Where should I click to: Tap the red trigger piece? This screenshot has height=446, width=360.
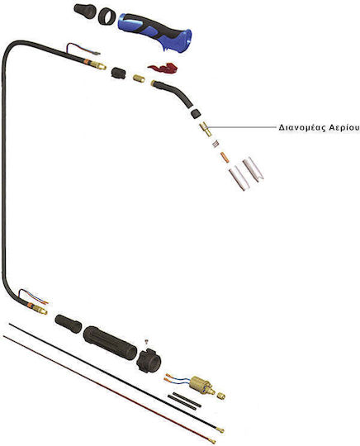[163, 69]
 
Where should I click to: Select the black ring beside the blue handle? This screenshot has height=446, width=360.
[107, 17]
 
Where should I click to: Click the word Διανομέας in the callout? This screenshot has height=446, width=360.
[301, 128]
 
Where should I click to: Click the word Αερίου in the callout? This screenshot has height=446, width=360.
[344, 128]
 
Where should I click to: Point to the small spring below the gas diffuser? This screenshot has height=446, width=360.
[216, 144]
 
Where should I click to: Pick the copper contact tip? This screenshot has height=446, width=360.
[225, 157]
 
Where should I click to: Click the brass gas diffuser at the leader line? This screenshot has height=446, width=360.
[206, 130]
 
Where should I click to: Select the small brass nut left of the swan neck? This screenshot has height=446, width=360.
[139, 78]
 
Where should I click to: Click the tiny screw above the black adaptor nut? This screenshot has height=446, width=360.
[147, 342]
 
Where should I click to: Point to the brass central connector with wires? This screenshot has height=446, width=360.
[202, 386]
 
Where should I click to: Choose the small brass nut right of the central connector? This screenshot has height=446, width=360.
[221, 396]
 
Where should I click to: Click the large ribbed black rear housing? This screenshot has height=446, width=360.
[110, 343]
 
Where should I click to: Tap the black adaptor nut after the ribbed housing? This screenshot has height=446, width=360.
[149, 360]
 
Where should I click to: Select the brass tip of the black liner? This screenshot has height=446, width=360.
[220, 430]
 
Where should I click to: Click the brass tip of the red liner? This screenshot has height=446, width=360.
[212, 441]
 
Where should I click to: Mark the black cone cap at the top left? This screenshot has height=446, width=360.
[85, 11]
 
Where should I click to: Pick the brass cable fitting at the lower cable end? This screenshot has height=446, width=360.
[40, 310]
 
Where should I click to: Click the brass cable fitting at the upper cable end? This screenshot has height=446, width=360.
[99, 65]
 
